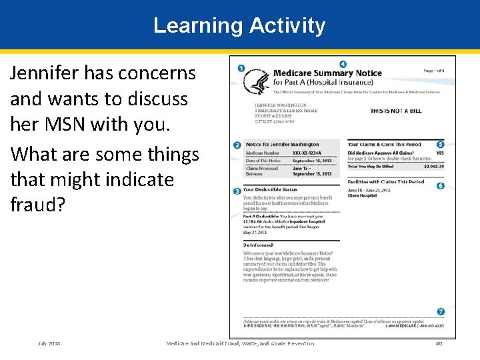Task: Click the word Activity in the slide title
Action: (287, 26)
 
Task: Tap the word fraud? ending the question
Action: (38, 205)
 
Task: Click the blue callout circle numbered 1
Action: (240, 69)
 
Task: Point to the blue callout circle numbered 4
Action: (342, 65)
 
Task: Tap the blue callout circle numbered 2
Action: (237, 145)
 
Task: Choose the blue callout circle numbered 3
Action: (237, 191)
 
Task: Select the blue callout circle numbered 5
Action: (441, 144)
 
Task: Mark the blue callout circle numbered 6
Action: (441, 185)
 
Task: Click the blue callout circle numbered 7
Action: (441, 311)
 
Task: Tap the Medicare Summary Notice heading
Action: (327, 73)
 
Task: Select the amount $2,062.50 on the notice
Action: (433, 167)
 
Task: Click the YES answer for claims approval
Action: (439, 153)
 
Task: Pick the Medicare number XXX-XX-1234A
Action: (311, 153)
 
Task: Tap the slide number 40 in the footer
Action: (439, 343)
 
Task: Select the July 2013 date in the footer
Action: (49, 343)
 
